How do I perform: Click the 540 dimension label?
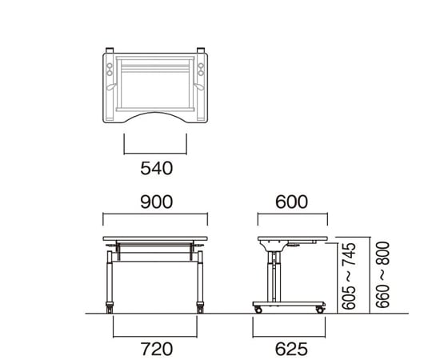pyautogui.click(x=157, y=168)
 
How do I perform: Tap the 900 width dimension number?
pyautogui.click(x=157, y=202)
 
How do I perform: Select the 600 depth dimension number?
pyautogui.click(x=291, y=202)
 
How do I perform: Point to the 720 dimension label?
pyautogui.click(x=157, y=349)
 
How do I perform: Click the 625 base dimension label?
pyautogui.click(x=291, y=349)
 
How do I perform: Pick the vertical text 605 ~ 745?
pyautogui.click(x=349, y=276)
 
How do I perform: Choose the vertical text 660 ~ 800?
pyautogui.click(x=382, y=275)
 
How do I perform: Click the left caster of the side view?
pyautogui.click(x=258, y=310)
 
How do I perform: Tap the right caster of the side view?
pyautogui.click(x=320, y=310)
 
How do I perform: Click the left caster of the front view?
pyautogui.click(x=110, y=308)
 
